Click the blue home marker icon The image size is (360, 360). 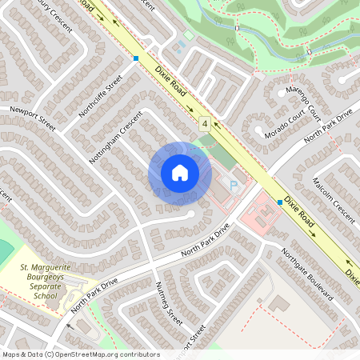tap(179, 173)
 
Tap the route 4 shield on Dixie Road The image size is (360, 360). tap(205, 124)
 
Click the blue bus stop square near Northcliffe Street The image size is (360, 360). tap(136, 58)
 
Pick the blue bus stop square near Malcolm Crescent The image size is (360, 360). tap(280, 202)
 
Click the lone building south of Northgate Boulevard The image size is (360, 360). tap(279, 304)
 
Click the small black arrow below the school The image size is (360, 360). tap(69, 326)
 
